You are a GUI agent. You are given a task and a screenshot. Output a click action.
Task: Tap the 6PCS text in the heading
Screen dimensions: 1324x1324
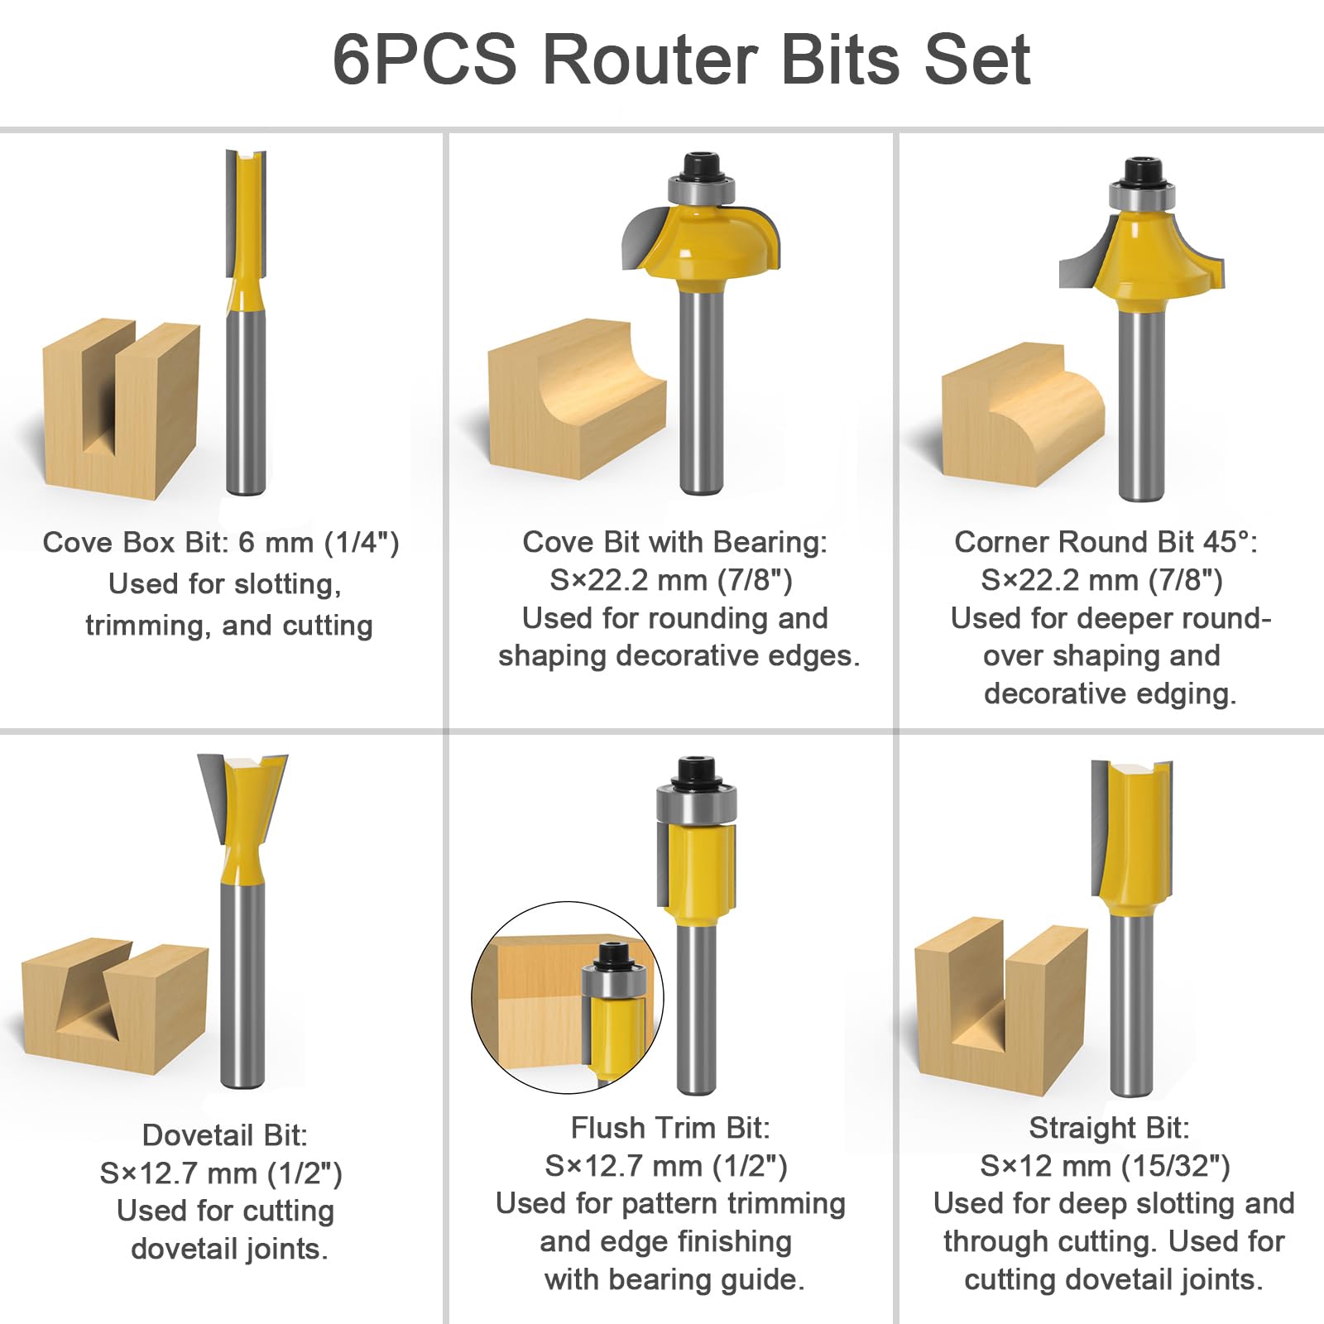click(x=425, y=60)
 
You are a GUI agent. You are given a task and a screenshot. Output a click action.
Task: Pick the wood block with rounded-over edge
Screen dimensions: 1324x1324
click(x=1023, y=413)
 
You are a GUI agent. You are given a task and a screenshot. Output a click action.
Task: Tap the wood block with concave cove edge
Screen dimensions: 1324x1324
click(x=577, y=399)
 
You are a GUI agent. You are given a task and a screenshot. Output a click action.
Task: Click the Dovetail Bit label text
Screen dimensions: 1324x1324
click(x=225, y=1135)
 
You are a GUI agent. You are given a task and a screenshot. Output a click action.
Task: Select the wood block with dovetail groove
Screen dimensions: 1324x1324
click(x=115, y=1005)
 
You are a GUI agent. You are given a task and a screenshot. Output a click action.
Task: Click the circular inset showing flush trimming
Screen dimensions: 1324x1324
click(x=568, y=998)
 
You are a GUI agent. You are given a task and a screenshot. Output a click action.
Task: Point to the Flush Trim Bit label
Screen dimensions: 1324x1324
click(x=670, y=1128)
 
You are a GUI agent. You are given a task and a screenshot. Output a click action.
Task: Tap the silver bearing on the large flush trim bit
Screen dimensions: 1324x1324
click(x=696, y=805)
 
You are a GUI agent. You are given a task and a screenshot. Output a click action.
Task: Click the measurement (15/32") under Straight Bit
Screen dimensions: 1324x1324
click(x=1175, y=1166)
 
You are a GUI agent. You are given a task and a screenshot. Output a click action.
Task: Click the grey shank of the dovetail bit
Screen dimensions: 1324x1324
click(x=243, y=985)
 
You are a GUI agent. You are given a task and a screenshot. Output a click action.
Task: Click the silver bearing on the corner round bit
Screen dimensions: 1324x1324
click(x=1141, y=197)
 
